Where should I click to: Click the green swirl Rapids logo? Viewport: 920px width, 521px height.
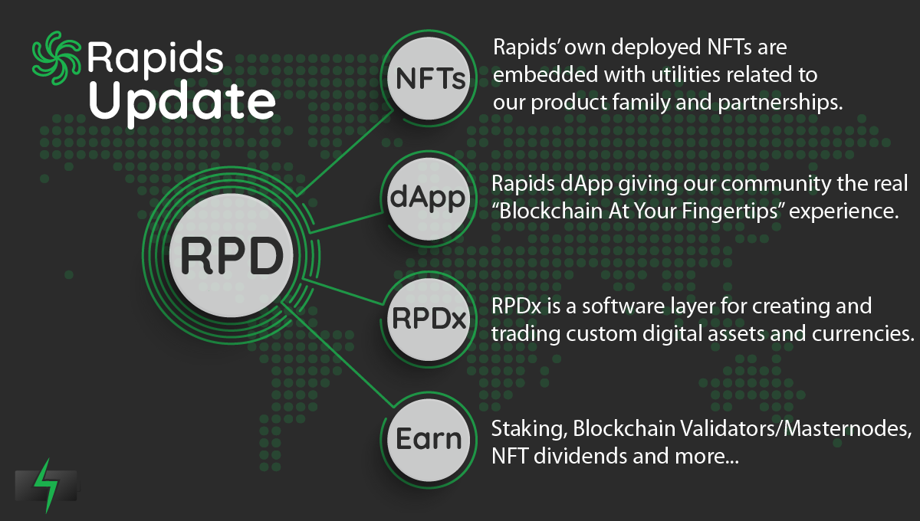tap(56, 58)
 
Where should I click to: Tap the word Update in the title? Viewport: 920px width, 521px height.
tap(182, 103)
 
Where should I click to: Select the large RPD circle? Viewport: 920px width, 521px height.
tap(232, 255)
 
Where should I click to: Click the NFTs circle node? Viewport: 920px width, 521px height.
tap(429, 78)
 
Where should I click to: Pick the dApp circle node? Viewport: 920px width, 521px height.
tap(429, 198)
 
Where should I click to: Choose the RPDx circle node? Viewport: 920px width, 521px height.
tap(429, 319)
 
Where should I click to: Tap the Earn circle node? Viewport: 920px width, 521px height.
tap(429, 440)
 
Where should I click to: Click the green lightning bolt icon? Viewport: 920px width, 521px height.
tap(46, 486)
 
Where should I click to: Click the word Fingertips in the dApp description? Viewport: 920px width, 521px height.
tap(730, 212)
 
